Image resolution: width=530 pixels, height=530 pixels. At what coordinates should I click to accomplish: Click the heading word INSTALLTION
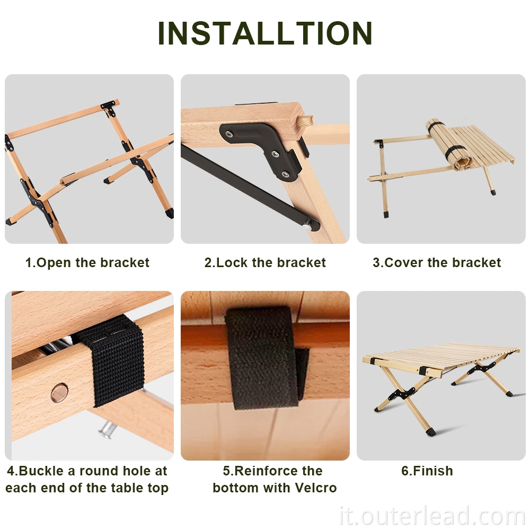tap(265, 33)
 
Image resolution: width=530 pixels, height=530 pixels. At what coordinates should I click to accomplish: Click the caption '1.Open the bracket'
tap(87, 263)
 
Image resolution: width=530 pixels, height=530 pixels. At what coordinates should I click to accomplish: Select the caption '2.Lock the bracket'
tap(265, 263)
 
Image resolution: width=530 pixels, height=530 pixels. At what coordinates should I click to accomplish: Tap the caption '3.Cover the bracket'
tap(437, 263)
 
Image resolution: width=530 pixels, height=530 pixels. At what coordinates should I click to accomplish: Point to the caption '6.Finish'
tap(427, 471)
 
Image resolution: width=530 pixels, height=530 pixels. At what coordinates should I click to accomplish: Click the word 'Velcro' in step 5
tap(316, 488)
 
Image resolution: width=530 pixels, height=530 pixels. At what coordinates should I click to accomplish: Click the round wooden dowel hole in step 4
tap(59, 393)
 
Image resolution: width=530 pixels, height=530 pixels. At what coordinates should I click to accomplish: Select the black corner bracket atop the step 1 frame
tap(109, 105)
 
